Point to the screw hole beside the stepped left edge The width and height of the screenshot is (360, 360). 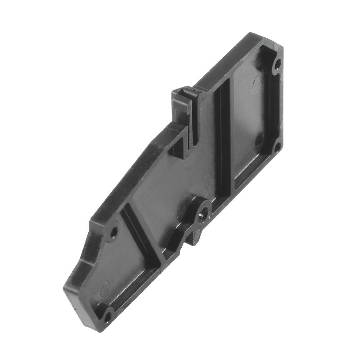(x=114, y=233)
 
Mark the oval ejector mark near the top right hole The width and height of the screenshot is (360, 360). (x=257, y=81)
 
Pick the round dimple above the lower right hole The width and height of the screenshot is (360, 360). (x=260, y=136)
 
